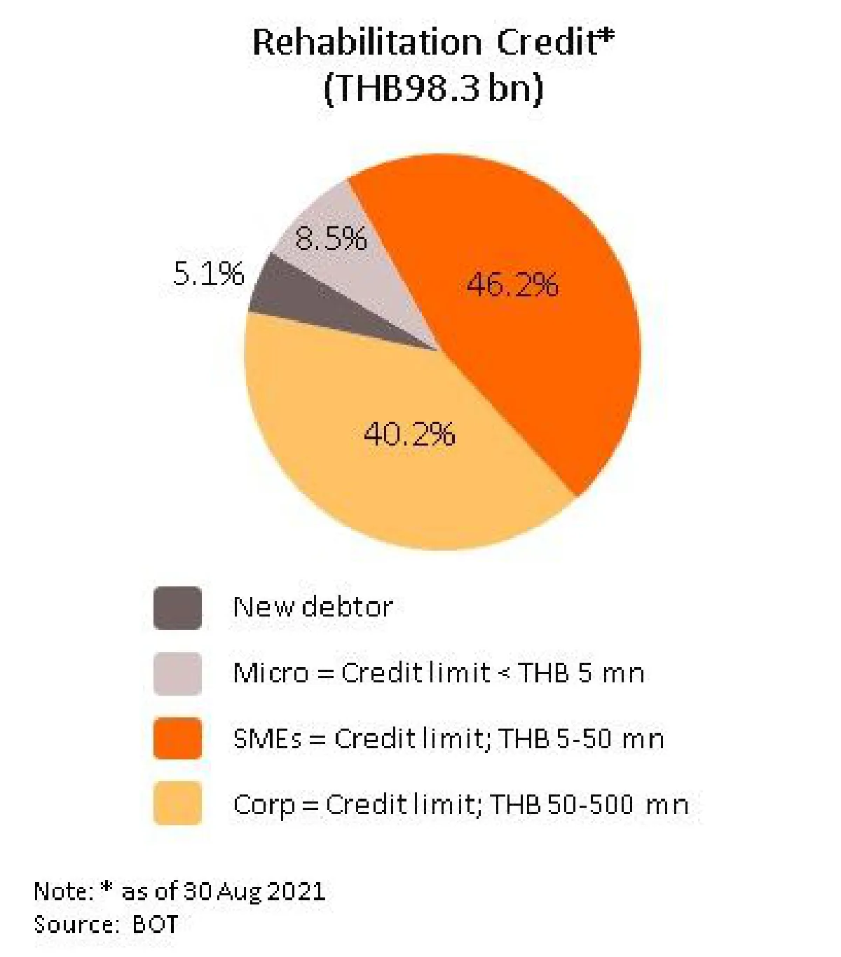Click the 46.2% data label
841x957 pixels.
(512, 285)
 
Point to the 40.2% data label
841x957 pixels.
(409, 434)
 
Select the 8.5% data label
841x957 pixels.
(331, 238)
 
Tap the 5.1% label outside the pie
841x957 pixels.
(208, 273)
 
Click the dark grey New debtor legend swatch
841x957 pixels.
(177, 607)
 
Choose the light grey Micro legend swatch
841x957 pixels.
(177, 673)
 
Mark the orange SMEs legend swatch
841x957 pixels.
(177, 738)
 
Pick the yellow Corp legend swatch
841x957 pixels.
(177, 804)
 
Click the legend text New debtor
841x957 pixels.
(313, 607)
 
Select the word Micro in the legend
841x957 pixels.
(271, 673)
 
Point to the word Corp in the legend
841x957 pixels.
(264, 805)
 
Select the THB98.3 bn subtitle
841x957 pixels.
(433, 89)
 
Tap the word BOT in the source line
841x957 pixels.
(155, 924)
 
